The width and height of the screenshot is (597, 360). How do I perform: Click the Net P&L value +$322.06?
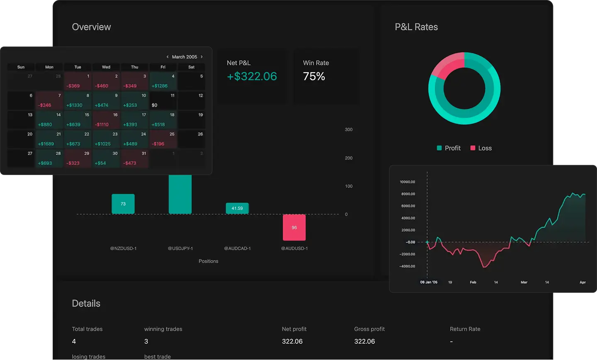coord(252,76)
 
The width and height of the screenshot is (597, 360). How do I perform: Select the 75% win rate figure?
coord(314,76)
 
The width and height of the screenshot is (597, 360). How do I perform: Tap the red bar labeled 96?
coord(294,227)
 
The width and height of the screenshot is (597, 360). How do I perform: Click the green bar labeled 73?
coord(123,204)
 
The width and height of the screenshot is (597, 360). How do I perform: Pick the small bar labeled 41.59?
coord(237,208)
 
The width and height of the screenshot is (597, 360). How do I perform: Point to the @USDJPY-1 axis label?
coord(180,248)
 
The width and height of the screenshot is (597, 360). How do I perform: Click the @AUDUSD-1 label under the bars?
coord(294,248)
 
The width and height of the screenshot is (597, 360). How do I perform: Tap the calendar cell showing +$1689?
coord(49,140)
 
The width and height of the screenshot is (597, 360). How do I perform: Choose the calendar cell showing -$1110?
coord(106,120)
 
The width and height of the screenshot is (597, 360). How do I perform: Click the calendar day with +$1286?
coord(163,82)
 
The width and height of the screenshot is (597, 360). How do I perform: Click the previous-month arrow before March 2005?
coord(167,57)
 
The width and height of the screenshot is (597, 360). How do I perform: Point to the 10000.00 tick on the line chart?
coord(407,182)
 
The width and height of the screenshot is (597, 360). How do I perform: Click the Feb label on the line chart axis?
coord(473,282)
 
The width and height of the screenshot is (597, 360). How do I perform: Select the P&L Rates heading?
coord(416,27)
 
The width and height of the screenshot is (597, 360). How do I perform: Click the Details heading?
coord(86,304)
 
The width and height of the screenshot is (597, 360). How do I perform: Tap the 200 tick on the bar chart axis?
coord(349,158)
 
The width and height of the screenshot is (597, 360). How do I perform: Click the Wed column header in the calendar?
coord(106,67)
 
